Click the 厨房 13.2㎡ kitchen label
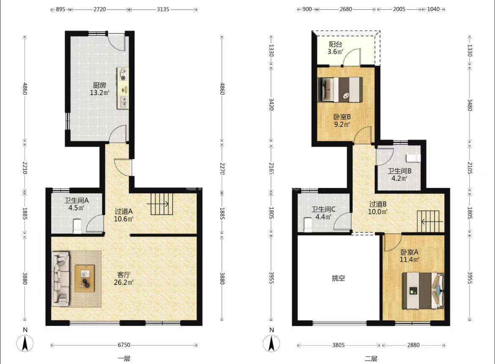point(99,89)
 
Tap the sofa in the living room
point(60,279)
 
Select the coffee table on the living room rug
point(85,278)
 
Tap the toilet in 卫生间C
point(308,225)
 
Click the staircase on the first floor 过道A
point(162,204)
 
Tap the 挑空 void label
point(338,278)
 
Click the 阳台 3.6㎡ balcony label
point(335,48)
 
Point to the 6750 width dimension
point(124,345)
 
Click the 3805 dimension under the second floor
point(338,345)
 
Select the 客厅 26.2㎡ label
point(124,279)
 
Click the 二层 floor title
point(371,358)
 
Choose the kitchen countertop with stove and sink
point(123,88)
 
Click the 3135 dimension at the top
point(163,9)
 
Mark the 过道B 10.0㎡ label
point(377,208)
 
